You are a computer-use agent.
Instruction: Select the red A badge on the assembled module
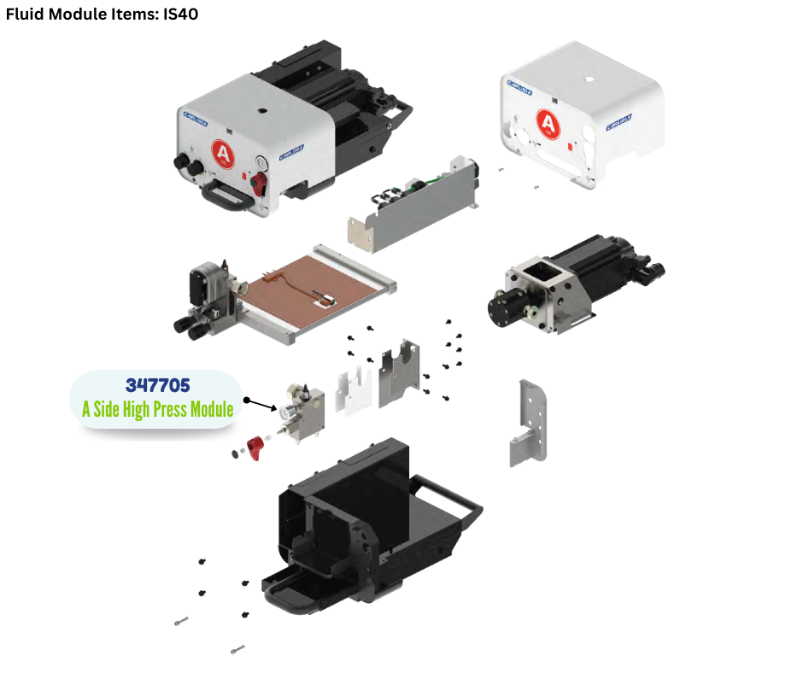[223, 154]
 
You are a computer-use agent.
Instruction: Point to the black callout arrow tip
[247, 399]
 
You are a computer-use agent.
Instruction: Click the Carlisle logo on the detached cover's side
[619, 121]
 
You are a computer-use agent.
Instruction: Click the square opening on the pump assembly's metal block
[537, 276]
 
